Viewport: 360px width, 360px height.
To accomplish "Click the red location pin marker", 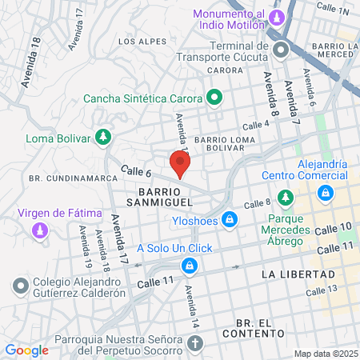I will [x=180, y=162].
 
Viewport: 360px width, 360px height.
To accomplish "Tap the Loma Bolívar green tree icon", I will [x=102, y=138].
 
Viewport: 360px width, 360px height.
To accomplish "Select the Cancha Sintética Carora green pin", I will [x=214, y=99].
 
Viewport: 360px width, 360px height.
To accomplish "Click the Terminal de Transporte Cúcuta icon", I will [x=281, y=50].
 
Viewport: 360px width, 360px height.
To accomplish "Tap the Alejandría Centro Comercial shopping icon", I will [x=325, y=193].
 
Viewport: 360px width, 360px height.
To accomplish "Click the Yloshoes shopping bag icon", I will [x=230, y=218].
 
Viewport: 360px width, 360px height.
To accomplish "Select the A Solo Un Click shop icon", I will [x=190, y=265].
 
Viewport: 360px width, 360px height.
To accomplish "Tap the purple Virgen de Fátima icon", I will [x=39, y=230].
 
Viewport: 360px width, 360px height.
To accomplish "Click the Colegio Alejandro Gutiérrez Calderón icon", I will [x=21, y=284].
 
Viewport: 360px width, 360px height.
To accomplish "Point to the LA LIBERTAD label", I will [x=297, y=274].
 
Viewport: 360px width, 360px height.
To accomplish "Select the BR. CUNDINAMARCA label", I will [x=66, y=176].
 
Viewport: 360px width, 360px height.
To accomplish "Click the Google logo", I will [x=26, y=350].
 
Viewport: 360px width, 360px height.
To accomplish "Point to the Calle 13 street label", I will [x=338, y=288].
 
